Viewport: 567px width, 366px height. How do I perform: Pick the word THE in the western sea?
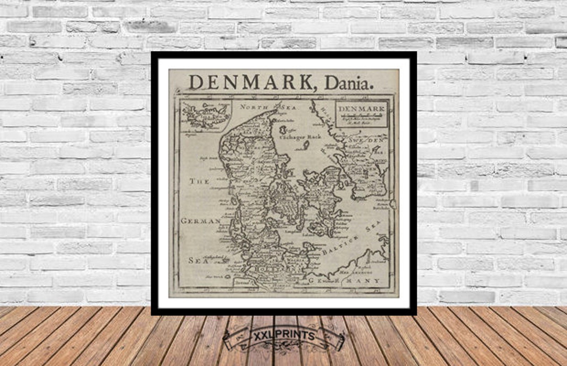pos(199,181)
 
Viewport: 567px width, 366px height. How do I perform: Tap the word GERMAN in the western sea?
pos(201,221)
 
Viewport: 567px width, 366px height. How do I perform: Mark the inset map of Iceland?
pos(205,116)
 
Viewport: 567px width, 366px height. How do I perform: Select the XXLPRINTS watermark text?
pos(284,336)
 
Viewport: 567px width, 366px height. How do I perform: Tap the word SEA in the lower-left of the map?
pos(196,261)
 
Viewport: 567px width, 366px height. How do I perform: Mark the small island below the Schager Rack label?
pos(306,145)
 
